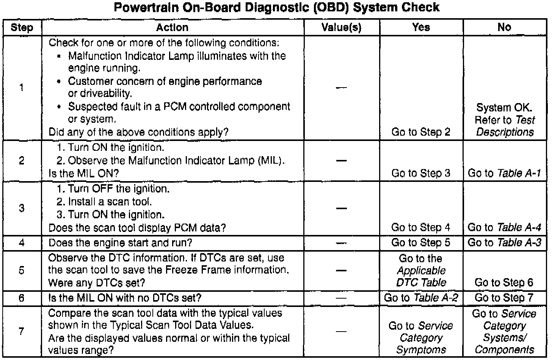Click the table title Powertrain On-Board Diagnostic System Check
tap(276, 7)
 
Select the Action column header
tap(172, 27)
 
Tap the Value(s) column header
tap(341, 27)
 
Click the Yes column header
tap(421, 27)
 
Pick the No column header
tap(504, 27)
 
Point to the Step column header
tap(22, 27)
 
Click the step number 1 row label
tap(22, 88)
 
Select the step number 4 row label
tap(22, 243)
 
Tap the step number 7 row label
tap(22, 332)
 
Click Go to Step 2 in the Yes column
tap(421, 132)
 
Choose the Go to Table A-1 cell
tap(504, 173)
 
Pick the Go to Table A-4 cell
tap(504, 227)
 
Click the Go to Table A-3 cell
tap(504, 243)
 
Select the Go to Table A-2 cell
tap(421, 298)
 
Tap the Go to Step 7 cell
tap(504, 298)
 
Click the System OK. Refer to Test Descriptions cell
tap(504, 120)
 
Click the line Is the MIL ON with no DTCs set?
tap(125, 298)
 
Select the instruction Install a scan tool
tap(104, 202)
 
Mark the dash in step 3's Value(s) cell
tap(341, 208)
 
